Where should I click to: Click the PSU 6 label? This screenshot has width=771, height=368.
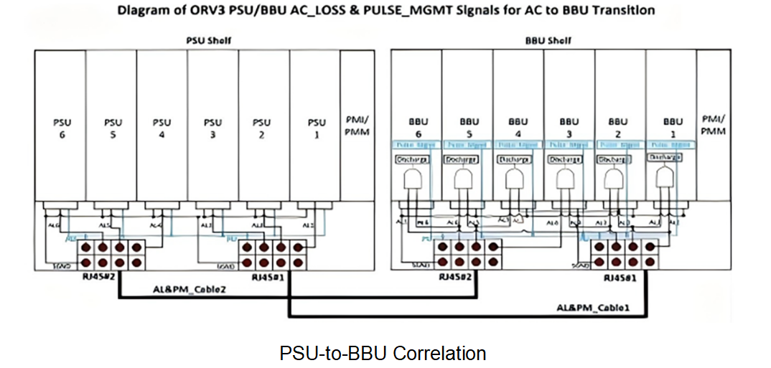61,128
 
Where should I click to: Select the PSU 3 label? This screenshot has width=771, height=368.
212,128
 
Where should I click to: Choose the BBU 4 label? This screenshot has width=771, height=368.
518,128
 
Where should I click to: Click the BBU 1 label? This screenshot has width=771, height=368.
673,128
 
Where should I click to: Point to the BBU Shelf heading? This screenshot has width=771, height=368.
548,40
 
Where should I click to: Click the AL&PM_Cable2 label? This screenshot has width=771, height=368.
184,289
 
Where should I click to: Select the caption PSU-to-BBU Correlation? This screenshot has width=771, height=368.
383,353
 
